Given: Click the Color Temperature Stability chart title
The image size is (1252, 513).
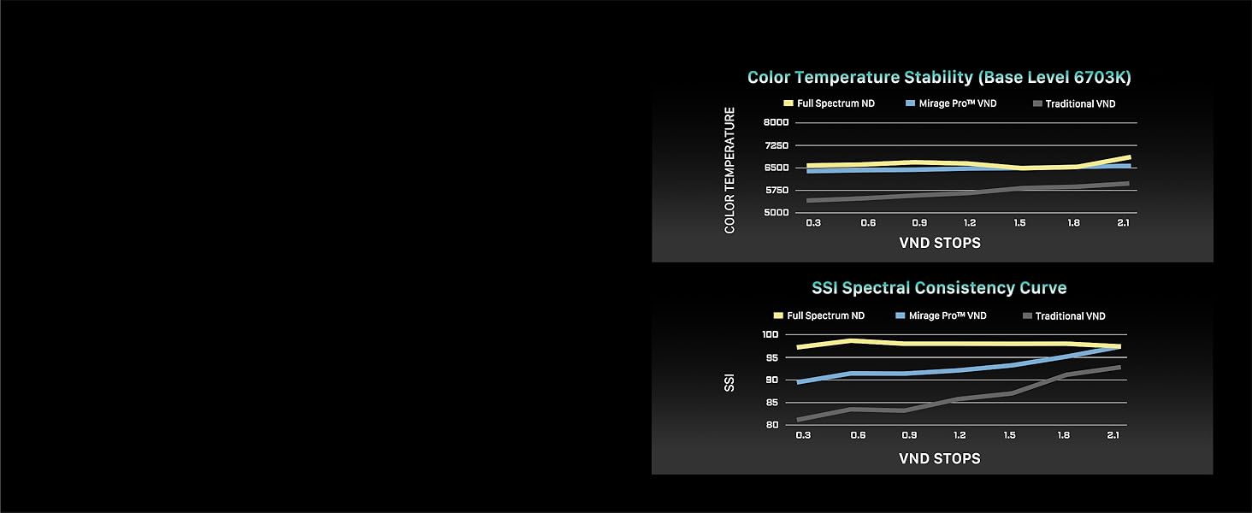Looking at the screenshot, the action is coord(939,77).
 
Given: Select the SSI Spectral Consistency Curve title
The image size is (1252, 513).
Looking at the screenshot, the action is coord(939,288).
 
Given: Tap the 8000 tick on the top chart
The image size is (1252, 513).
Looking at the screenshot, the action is coord(777,122).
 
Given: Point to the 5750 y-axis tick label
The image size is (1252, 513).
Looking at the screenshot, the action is coord(777,190).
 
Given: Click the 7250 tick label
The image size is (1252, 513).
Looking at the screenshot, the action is coord(777,145).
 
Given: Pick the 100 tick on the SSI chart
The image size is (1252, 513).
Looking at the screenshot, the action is coord(771,334).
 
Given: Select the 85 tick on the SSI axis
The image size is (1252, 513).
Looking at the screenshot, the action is coord(772,403).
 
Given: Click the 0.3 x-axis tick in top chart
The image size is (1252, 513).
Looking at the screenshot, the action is coord(813,222).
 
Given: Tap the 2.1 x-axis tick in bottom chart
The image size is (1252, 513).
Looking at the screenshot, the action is coord(1113,434).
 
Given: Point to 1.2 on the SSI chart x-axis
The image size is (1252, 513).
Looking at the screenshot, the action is coord(960,434).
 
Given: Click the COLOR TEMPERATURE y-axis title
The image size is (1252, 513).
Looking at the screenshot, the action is coord(729,170).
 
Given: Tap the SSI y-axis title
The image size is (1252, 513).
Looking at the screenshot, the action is coord(729,383).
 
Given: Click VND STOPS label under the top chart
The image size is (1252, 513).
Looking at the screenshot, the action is coord(940,243).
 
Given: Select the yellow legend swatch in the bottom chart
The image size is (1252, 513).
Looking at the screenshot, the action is coord(778,315).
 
